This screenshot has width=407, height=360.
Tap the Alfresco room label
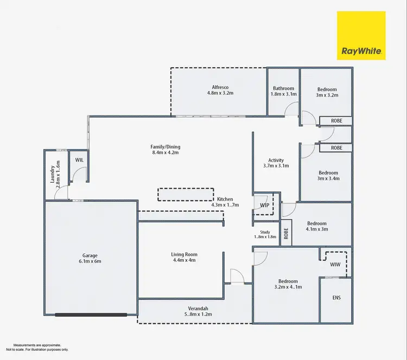coord(220,90)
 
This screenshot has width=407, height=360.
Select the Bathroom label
coord(283,91)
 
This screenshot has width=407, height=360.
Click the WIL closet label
coord(79,160)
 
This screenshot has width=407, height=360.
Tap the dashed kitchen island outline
coord(186,195)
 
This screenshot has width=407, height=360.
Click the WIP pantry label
coord(264,205)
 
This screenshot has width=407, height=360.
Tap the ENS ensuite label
coord(336,298)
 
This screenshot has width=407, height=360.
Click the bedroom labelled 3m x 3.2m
coord(327,92)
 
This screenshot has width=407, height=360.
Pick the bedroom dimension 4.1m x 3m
coord(317,229)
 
